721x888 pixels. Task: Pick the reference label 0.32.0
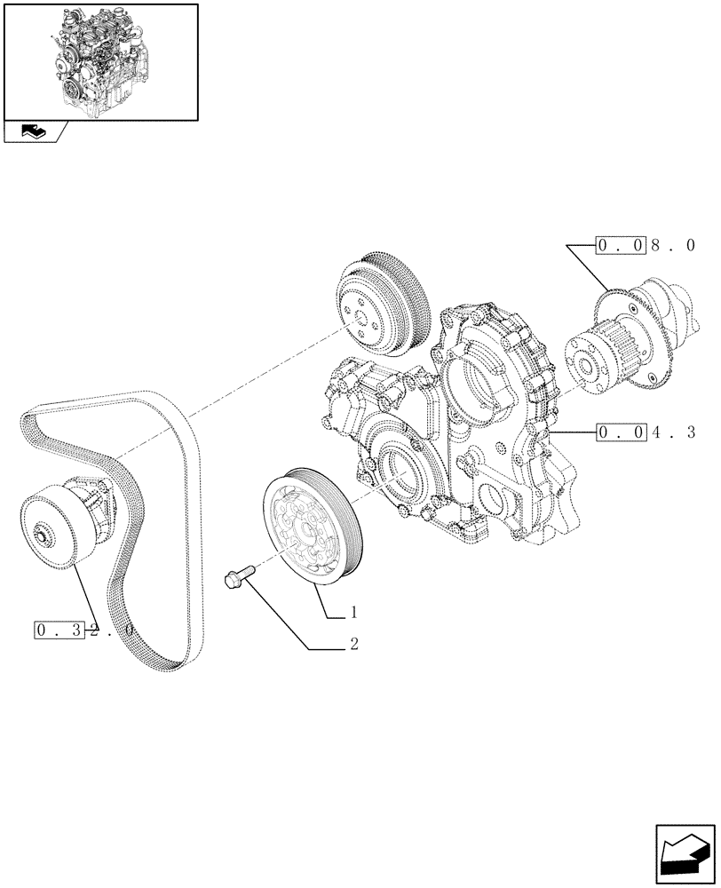tap(85, 630)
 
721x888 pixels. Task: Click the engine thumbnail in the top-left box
tap(100, 61)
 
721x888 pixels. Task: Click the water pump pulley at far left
tap(55, 534)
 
